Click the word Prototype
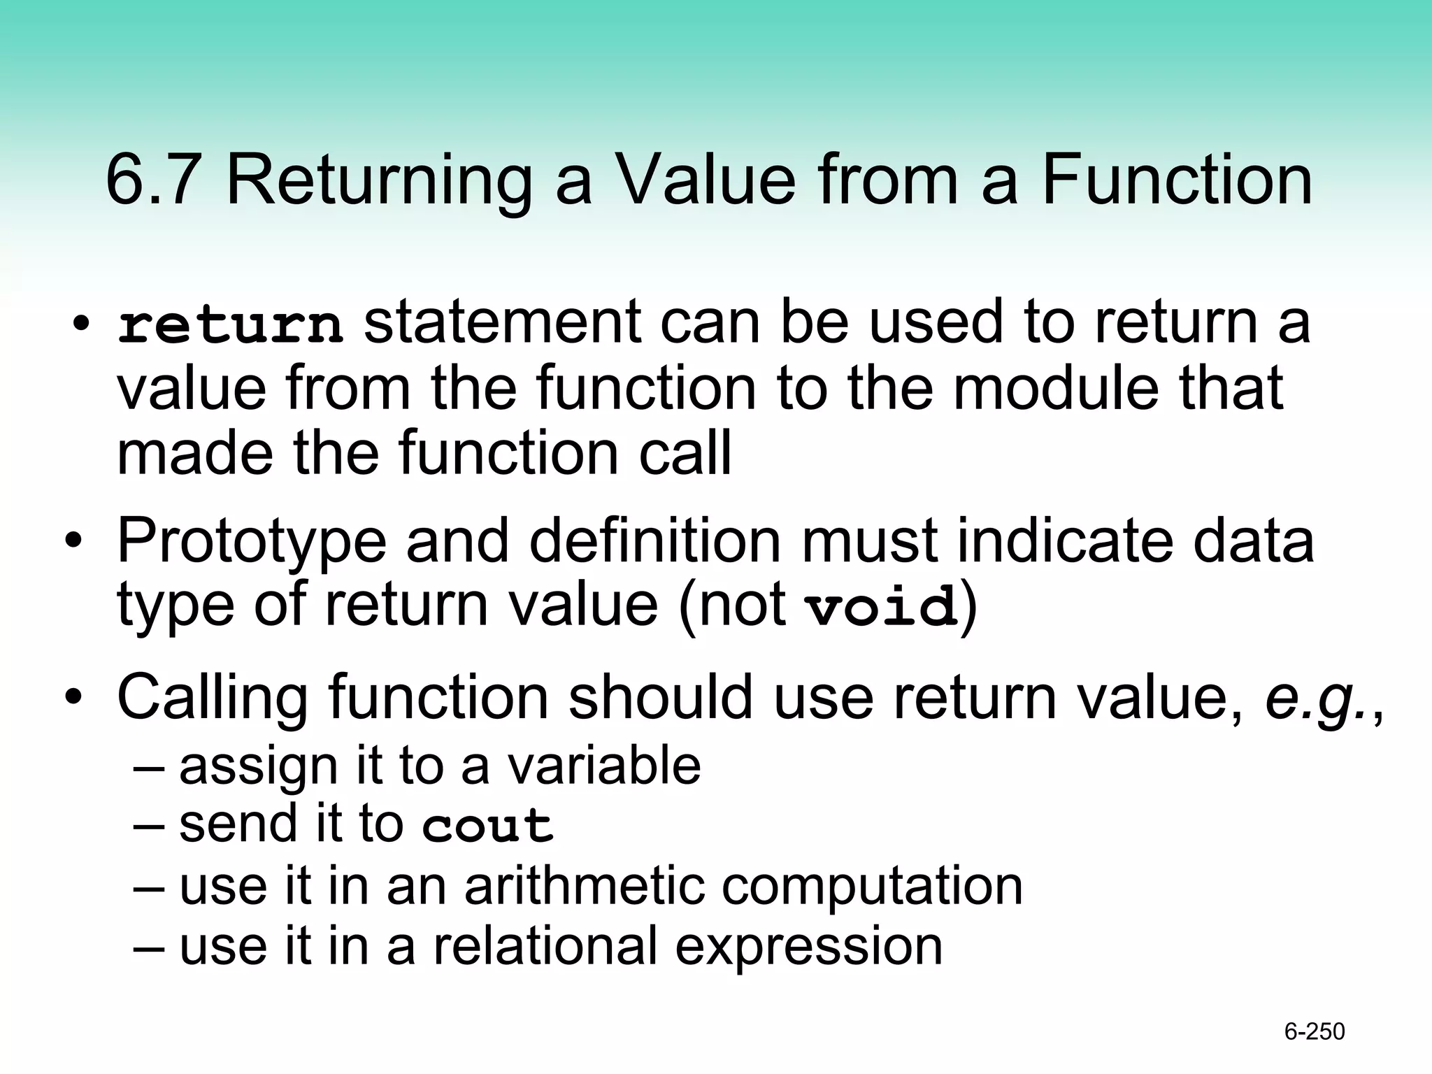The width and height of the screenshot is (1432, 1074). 252,542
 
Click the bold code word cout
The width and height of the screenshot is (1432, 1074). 487,826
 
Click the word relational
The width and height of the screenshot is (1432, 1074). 545,946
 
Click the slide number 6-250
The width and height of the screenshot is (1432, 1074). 1315,1032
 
